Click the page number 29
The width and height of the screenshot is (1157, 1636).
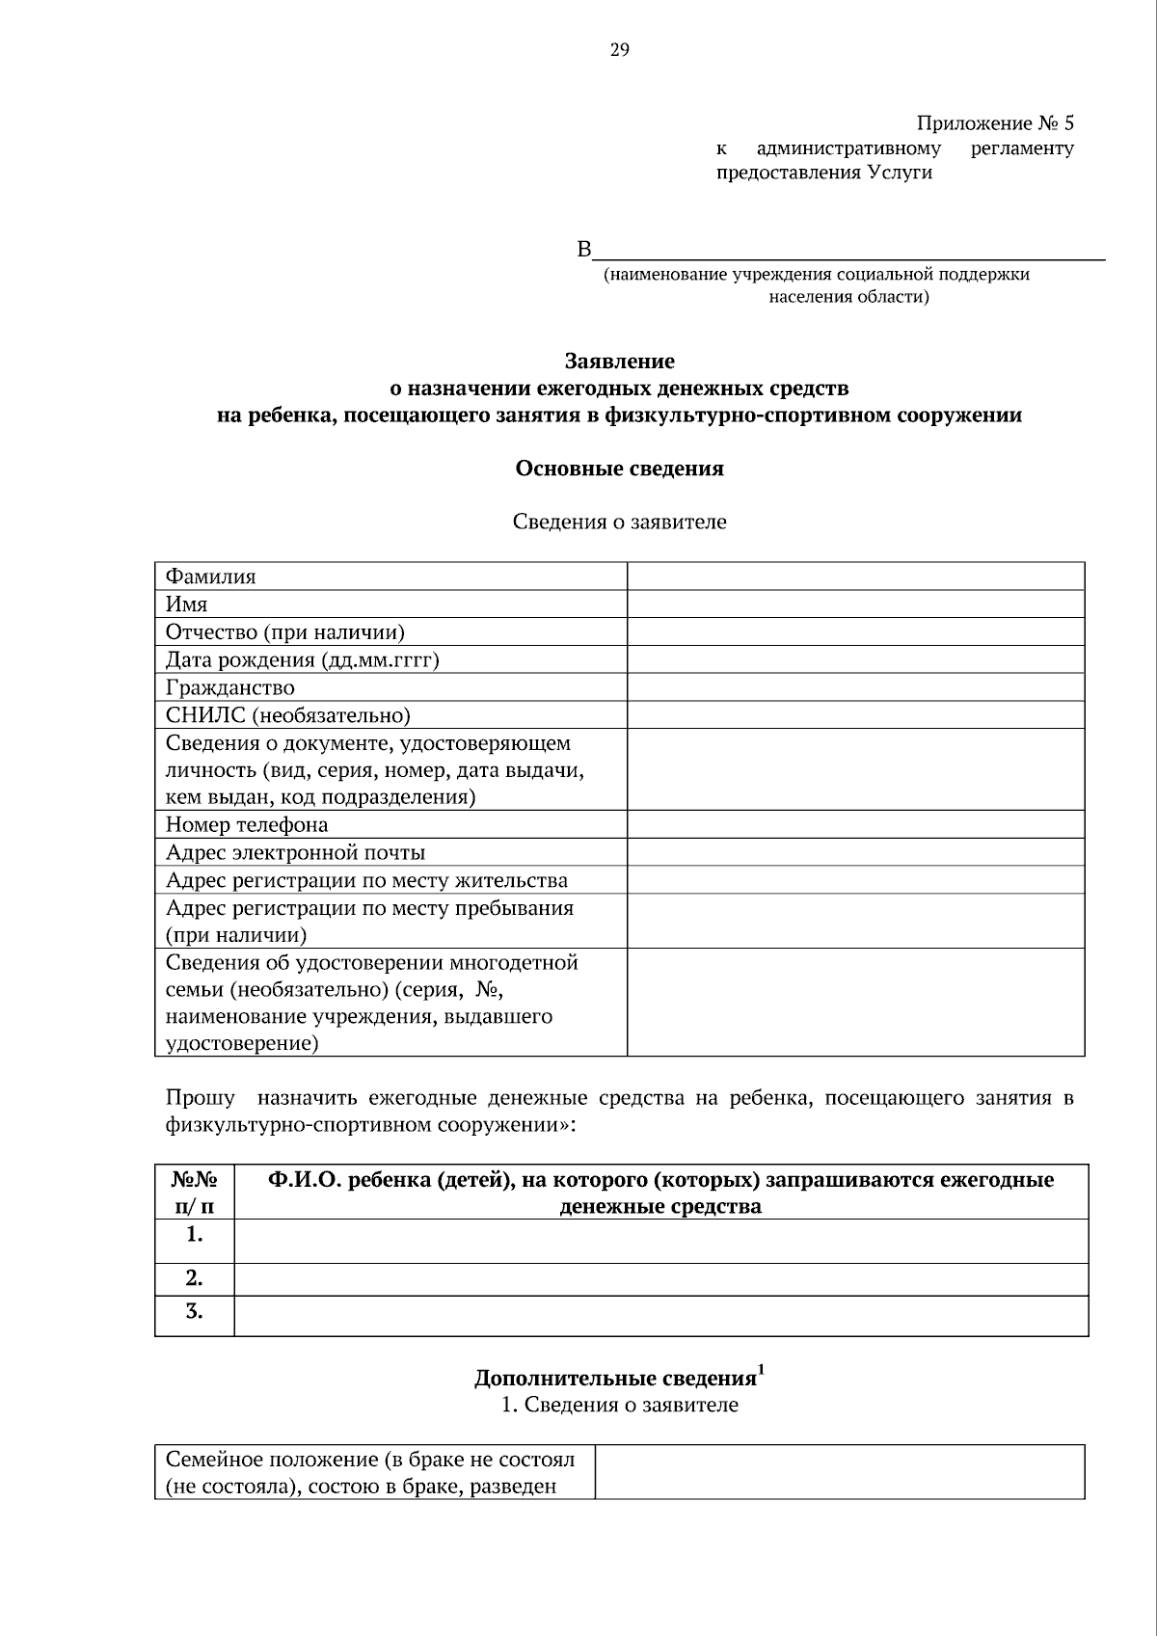tap(619, 50)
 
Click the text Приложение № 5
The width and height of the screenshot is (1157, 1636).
tap(994, 123)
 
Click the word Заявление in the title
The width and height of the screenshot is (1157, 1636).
tap(619, 362)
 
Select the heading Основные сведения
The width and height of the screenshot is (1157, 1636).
tap(619, 469)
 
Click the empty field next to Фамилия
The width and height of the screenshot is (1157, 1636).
tap(855, 577)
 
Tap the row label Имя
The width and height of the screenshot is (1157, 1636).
tap(187, 604)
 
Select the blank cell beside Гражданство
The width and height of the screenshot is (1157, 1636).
tap(855, 687)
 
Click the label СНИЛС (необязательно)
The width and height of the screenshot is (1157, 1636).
tap(288, 715)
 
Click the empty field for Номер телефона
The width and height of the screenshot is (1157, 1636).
tap(855, 824)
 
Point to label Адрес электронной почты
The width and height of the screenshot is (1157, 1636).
tap(295, 852)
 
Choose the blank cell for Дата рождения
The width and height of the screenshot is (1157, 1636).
tap(855, 659)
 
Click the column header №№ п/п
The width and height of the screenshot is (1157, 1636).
tap(194, 1193)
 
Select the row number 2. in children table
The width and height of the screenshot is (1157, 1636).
tap(194, 1278)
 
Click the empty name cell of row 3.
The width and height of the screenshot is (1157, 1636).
tap(660, 1315)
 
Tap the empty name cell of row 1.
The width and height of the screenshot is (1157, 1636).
tap(660, 1241)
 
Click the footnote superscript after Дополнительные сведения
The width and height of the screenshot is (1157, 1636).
tap(762, 1368)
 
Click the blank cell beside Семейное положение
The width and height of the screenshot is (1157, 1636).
tap(839, 1471)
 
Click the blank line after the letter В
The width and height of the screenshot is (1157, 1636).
tap(848, 251)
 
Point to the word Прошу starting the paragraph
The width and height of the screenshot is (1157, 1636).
tap(200, 1098)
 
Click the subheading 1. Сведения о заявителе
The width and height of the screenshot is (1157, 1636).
tap(619, 1405)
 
